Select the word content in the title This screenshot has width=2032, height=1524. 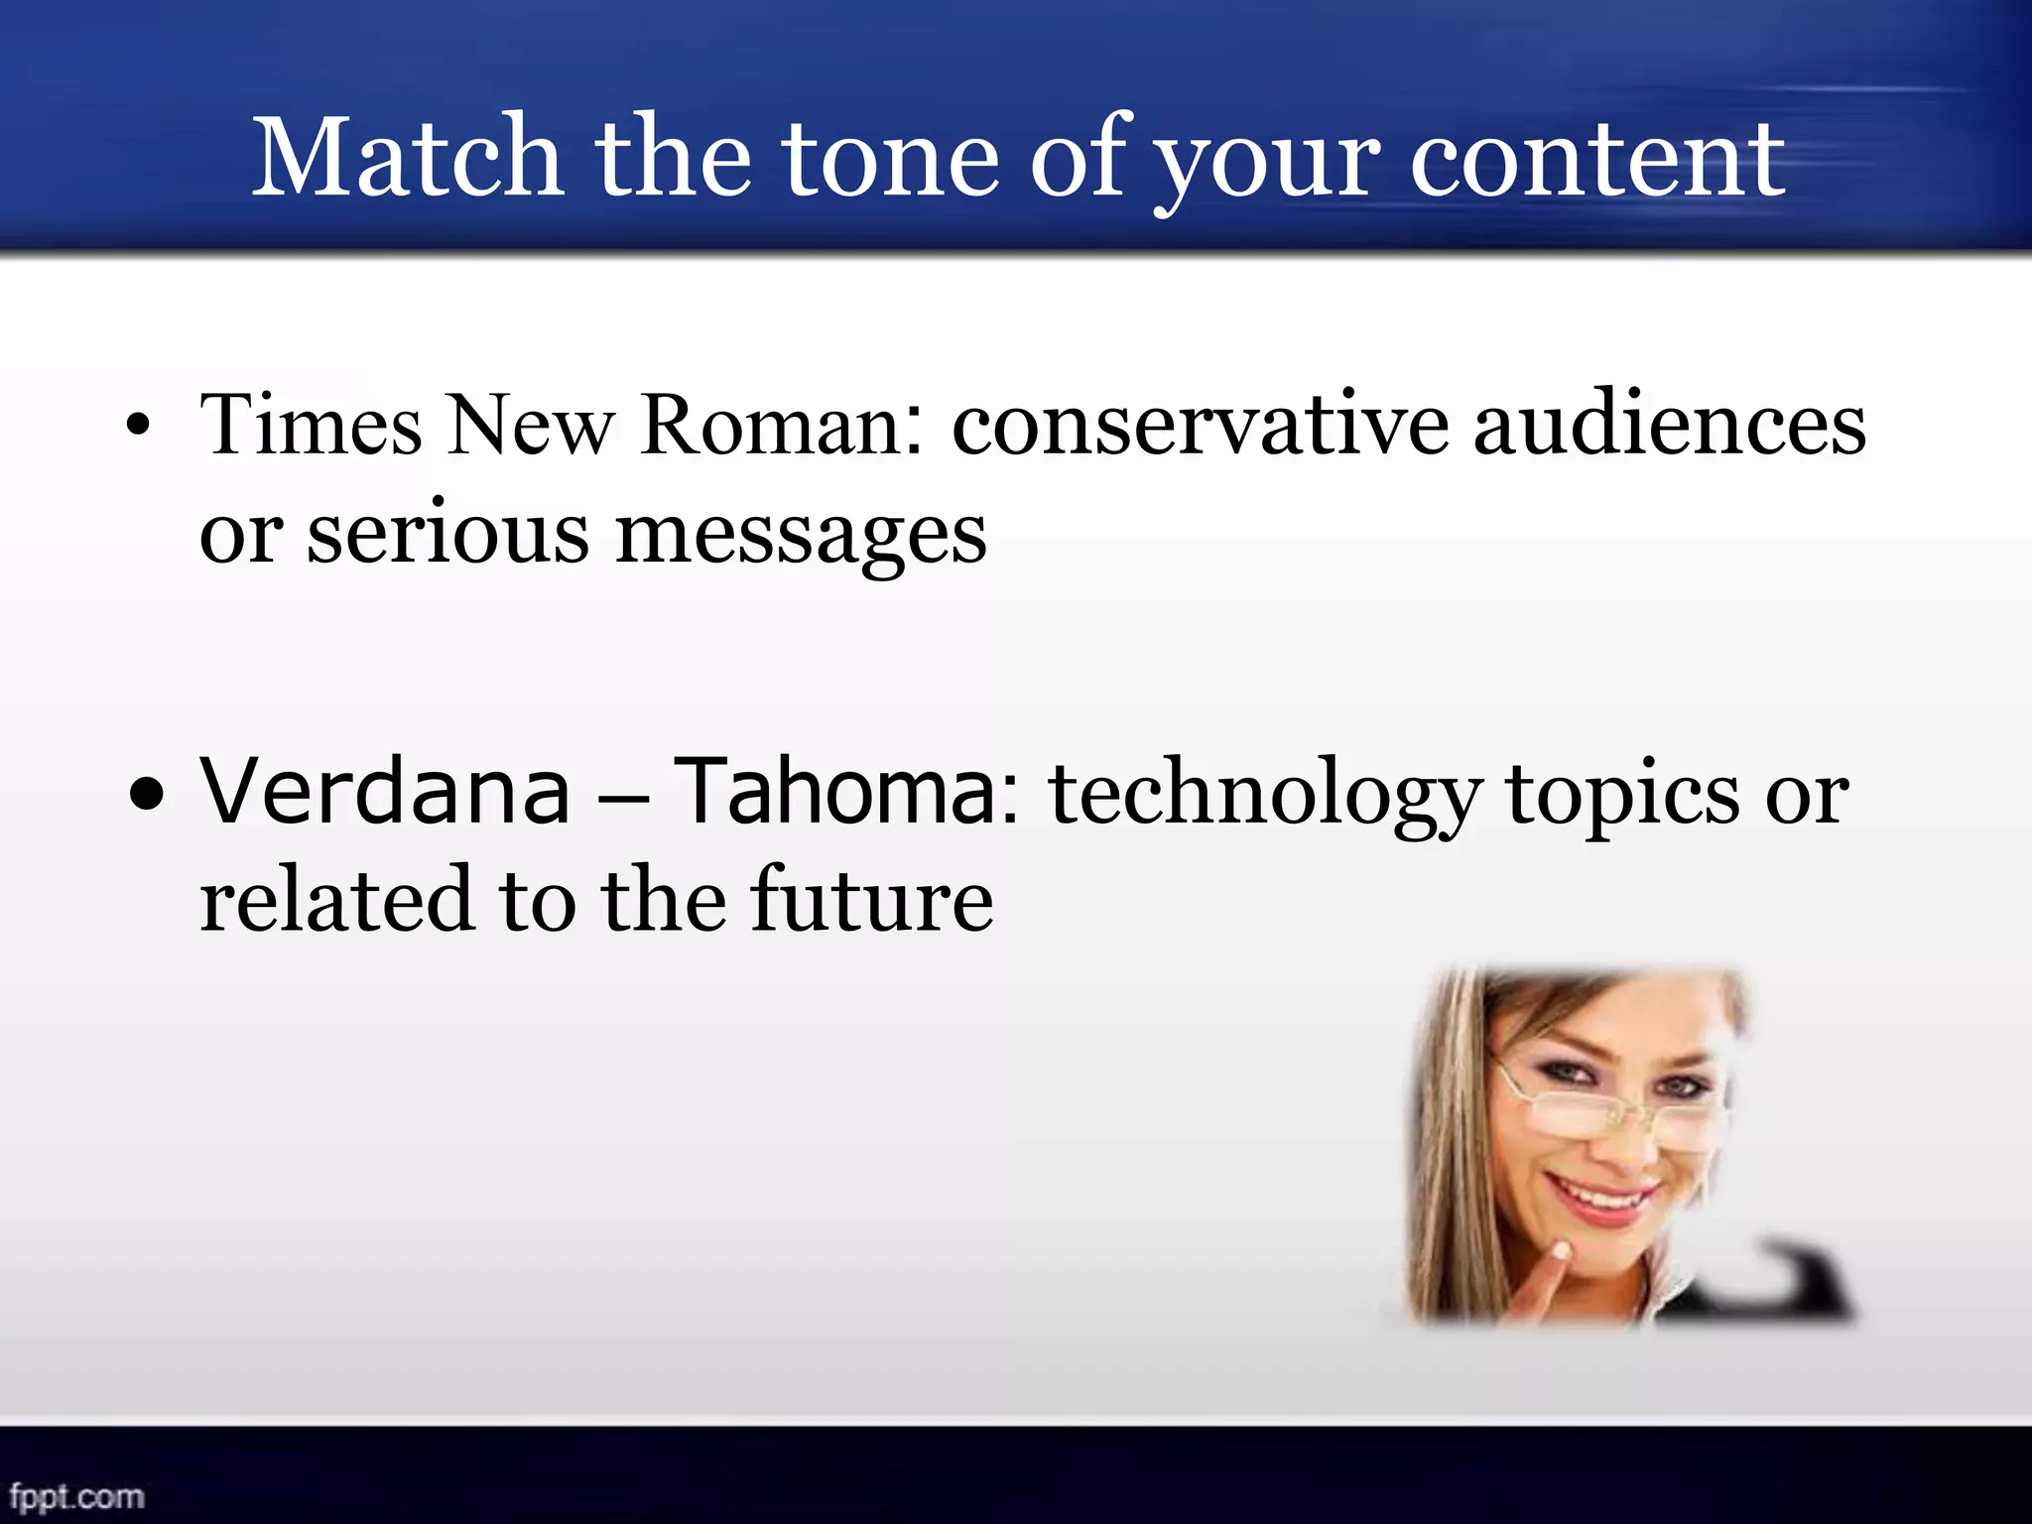(1596, 159)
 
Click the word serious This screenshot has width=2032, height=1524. (447, 534)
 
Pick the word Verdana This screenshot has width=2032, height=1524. (385, 792)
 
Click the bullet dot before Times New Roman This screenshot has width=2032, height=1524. (139, 429)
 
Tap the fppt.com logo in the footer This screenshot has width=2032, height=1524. (76, 1495)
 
